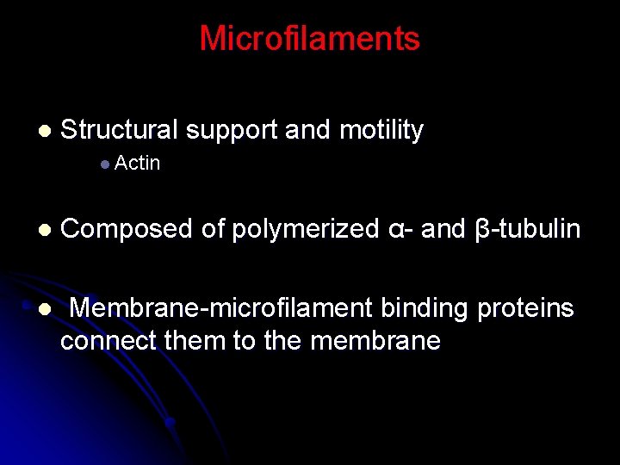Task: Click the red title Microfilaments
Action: tap(309, 39)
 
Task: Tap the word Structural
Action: tap(119, 130)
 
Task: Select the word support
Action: tap(232, 130)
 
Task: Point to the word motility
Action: tap(381, 130)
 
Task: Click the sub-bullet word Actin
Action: tap(137, 163)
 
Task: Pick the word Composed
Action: tap(127, 229)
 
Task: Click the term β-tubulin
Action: tap(527, 229)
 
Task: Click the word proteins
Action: tap(531, 307)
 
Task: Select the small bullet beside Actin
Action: tap(103, 164)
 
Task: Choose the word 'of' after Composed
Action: tap(212, 229)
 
